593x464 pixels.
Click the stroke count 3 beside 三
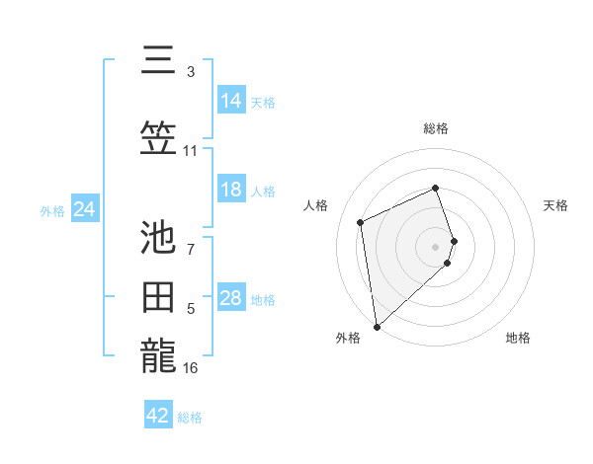click(191, 72)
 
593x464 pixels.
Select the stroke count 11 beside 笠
click(191, 151)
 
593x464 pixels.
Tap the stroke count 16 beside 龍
click(191, 368)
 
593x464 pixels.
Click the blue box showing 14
click(231, 101)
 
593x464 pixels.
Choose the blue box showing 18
click(231, 190)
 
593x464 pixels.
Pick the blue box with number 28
click(231, 298)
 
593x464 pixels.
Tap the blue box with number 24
click(85, 209)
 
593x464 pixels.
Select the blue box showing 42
click(158, 416)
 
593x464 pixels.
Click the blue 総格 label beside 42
click(190, 418)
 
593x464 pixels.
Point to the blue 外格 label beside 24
click(52, 211)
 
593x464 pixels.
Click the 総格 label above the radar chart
click(436, 128)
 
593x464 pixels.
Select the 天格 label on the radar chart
click(555, 205)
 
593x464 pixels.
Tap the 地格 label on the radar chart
click(518, 338)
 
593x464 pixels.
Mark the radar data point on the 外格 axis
click(377, 326)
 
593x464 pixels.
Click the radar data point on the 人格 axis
click(361, 222)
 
